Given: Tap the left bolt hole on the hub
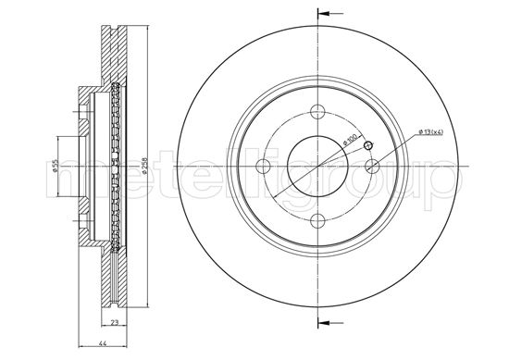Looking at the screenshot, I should pyautogui.click(x=263, y=166).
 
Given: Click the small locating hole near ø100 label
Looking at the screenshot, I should pyautogui.click(x=367, y=146).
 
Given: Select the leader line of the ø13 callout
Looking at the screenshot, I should pyautogui.click(x=398, y=143).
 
